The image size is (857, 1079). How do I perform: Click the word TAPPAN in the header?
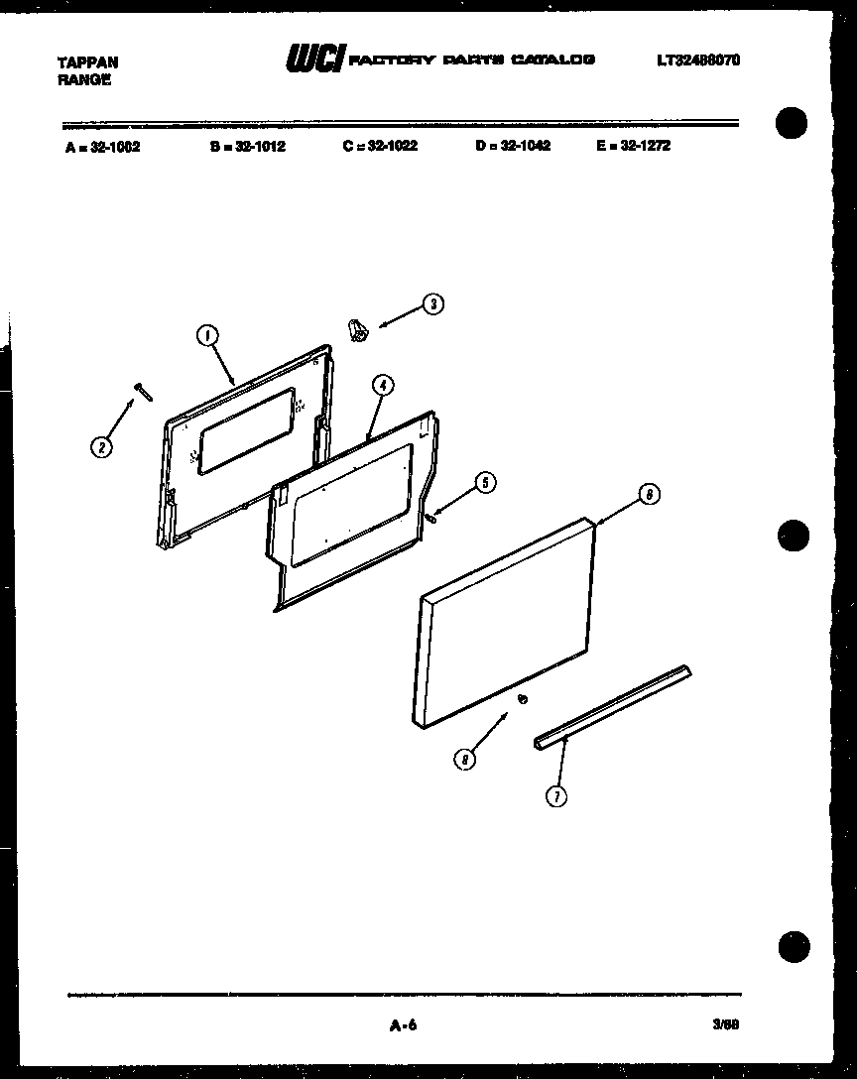[x=87, y=61]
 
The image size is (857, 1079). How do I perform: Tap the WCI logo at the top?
[x=314, y=60]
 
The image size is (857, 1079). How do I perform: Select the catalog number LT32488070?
[x=697, y=60]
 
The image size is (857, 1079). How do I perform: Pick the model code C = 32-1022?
[x=380, y=145]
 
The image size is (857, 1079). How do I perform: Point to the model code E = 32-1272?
[x=634, y=145]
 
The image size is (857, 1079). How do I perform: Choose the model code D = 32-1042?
[x=513, y=145]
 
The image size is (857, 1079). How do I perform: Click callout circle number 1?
[x=207, y=337]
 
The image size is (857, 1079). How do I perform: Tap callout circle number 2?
[x=101, y=447]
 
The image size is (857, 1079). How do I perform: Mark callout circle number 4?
[x=383, y=387]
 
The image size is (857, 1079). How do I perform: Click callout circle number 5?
[x=484, y=483]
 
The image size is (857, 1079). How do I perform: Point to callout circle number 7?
[x=557, y=795]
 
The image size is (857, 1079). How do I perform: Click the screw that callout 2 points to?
[x=143, y=392]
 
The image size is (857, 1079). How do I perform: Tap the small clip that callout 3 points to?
[x=357, y=331]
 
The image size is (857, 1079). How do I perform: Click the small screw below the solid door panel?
[x=522, y=700]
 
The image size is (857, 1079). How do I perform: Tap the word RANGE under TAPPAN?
[x=84, y=80]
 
